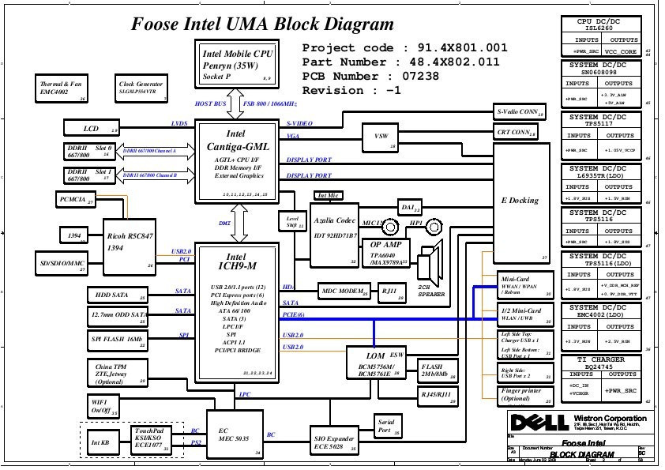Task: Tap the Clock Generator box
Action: click(x=141, y=88)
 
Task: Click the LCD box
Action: click(x=92, y=128)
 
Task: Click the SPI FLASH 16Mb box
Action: click(x=118, y=340)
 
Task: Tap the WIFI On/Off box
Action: click(x=103, y=407)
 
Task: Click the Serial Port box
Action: click(x=385, y=427)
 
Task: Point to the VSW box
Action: click(x=381, y=137)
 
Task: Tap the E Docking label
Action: click(x=520, y=201)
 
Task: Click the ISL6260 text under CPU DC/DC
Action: click(x=607, y=29)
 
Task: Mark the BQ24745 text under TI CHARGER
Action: click(x=607, y=367)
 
